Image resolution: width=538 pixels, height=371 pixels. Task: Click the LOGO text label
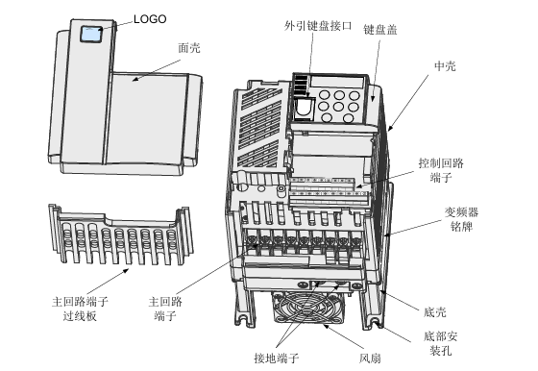click(x=150, y=19)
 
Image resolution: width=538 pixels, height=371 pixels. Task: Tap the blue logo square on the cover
click(x=91, y=34)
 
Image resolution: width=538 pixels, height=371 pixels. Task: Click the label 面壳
click(x=189, y=48)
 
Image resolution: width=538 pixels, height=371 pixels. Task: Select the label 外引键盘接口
click(x=318, y=26)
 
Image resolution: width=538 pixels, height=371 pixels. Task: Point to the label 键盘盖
click(x=380, y=30)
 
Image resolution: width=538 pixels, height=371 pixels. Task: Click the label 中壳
click(x=445, y=66)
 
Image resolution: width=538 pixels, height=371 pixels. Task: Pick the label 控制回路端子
click(x=441, y=170)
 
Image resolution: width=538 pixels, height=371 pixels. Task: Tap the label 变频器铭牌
click(x=461, y=219)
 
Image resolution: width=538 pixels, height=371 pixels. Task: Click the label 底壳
click(x=434, y=312)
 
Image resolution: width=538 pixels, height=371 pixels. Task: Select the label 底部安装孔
click(x=441, y=343)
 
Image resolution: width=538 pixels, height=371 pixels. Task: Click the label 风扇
click(x=370, y=359)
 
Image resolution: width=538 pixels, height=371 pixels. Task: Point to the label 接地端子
click(x=277, y=358)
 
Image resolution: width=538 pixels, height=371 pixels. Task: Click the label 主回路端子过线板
click(x=80, y=309)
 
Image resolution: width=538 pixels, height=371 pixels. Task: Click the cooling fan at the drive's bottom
click(x=308, y=308)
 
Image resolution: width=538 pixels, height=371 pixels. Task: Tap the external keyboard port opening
click(x=304, y=108)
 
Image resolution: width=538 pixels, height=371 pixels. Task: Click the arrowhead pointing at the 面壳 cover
click(x=135, y=79)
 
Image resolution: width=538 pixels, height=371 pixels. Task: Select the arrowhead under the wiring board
click(x=126, y=270)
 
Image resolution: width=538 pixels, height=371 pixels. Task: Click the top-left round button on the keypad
click(x=324, y=95)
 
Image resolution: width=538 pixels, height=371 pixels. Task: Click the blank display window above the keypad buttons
click(x=337, y=82)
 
